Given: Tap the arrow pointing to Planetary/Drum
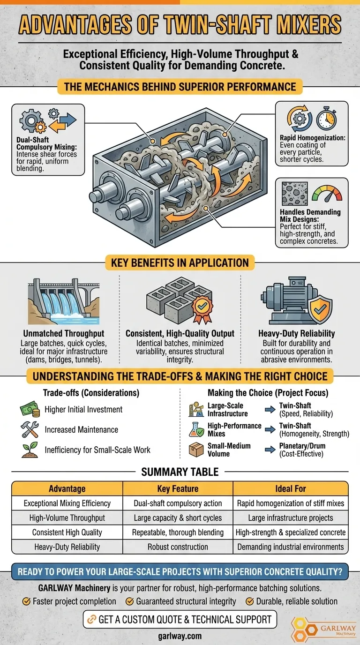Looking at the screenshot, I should tap(270, 450).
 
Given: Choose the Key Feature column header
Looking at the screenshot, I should tap(178, 489).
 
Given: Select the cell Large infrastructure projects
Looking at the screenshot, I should tap(291, 518).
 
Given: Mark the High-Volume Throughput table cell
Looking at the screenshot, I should tap(67, 518).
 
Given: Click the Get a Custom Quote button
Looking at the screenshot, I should tap(180, 619).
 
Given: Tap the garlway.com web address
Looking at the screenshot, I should tap(180, 636).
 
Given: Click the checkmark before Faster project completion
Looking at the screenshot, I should tap(27, 601).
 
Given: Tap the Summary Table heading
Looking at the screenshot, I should tap(180, 472).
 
